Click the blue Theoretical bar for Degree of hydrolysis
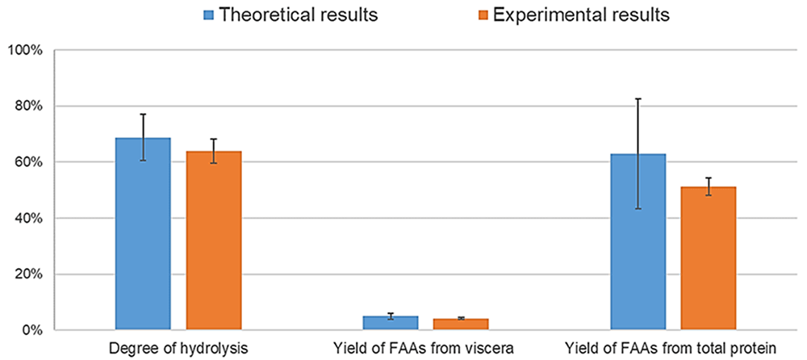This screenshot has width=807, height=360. tap(143, 233)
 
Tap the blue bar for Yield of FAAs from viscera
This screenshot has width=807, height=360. tap(390, 323)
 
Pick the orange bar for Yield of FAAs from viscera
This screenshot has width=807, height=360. tap(461, 324)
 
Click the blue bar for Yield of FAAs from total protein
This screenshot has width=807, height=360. tap(638, 241)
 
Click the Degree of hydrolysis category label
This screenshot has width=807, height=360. tap(178, 348)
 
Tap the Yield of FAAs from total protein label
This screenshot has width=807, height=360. tap(670, 348)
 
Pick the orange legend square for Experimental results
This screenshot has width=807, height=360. tap(481, 15)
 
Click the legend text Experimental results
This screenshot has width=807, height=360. tap(581, 15)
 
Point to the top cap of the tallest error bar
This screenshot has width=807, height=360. tap(638, 98)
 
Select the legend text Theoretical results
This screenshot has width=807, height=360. tap(299, 15)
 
